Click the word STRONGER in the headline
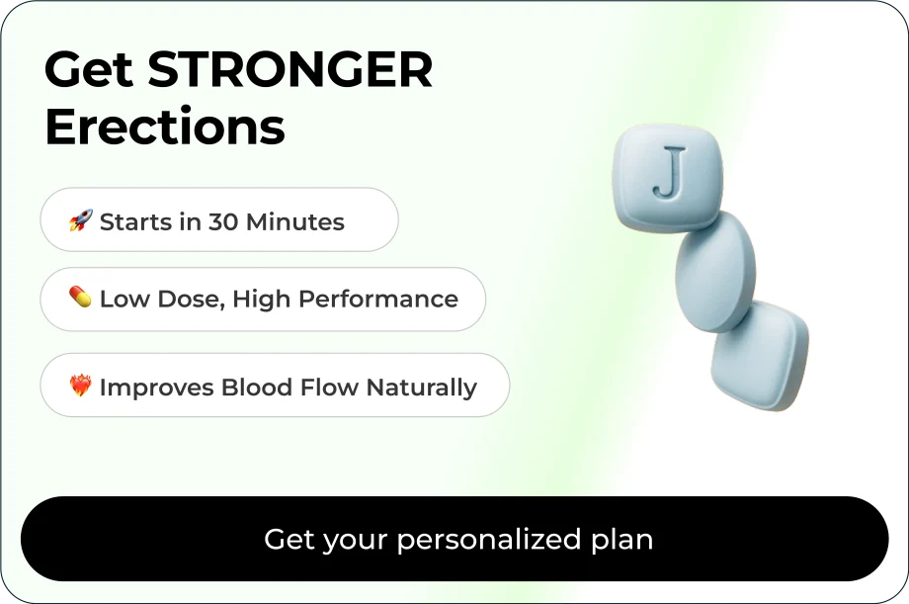pos(290,69)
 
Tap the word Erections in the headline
pos(165,126)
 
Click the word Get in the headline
pos(89,69)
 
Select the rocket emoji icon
pos(81,220)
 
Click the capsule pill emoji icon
pos(80,297)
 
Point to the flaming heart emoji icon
pos(81,386)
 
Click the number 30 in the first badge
pos(222,222)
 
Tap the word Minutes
pos(295,222)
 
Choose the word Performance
pos(378,300)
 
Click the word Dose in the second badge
pos(191,300)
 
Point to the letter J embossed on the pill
pos(670,172)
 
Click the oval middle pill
pos(715,272)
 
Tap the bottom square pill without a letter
pos(760,355)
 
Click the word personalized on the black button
pos(489,540)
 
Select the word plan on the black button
pos(622,540)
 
